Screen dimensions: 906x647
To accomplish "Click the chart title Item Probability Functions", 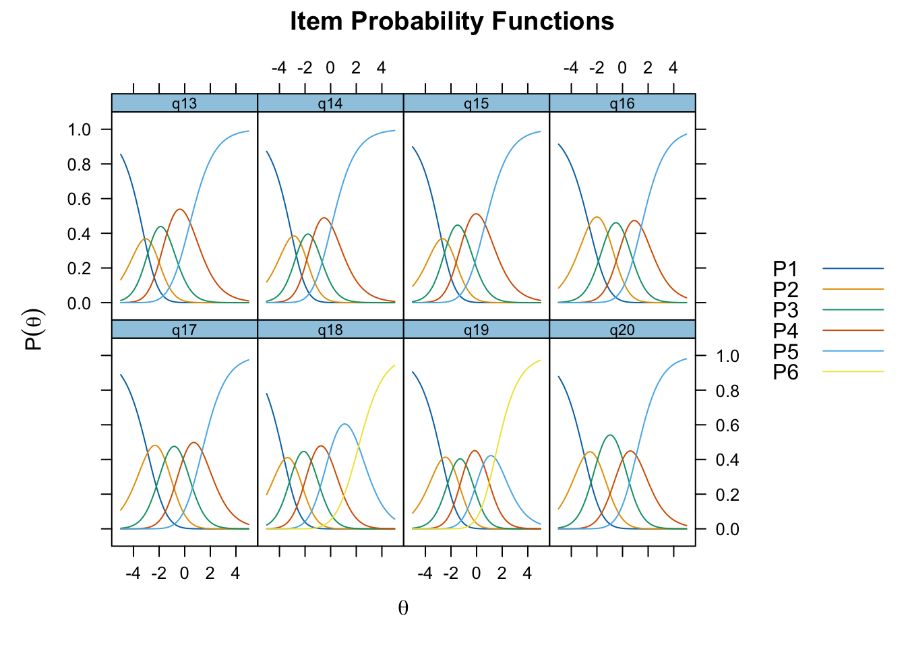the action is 452,21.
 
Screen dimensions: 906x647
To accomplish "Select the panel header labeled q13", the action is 185,103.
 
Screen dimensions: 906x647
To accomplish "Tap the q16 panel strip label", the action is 622,103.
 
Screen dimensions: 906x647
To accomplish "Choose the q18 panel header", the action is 330,330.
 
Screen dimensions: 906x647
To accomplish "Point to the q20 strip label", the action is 622,330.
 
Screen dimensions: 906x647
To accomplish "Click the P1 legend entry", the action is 828,268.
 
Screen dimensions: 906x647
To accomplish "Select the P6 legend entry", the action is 828,371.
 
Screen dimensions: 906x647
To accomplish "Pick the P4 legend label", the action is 785,330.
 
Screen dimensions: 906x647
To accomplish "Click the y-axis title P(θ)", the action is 34,330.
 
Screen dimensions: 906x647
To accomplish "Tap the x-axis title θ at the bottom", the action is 403,608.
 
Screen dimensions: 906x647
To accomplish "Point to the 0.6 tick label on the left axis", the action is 79,199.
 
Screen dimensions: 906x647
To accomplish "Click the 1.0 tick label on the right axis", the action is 727,356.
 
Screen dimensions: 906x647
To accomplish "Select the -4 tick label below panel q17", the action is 133,573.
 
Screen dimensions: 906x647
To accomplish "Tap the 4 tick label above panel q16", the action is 673,67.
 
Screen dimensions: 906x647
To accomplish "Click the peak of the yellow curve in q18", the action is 394,365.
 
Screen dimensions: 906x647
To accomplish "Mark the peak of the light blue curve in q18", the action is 344,424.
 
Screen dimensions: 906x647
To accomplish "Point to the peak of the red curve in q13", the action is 179,209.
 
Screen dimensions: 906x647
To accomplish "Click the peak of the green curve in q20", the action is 609,435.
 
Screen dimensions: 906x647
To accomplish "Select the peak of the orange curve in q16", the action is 597,217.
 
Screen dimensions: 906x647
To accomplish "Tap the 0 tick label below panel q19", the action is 476,573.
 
